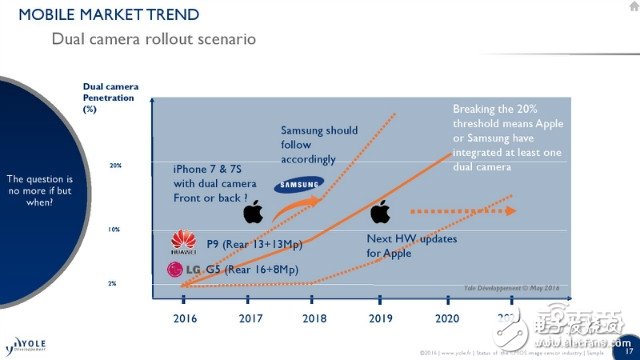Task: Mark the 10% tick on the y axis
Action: tap(115, 229)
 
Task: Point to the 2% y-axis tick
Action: tap(113, 284)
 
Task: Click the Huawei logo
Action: tap(183, 240)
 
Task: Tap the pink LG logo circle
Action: tap(176, 269)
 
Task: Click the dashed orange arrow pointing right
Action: tap(464, 211)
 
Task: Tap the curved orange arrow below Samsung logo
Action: tap(291, 207)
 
